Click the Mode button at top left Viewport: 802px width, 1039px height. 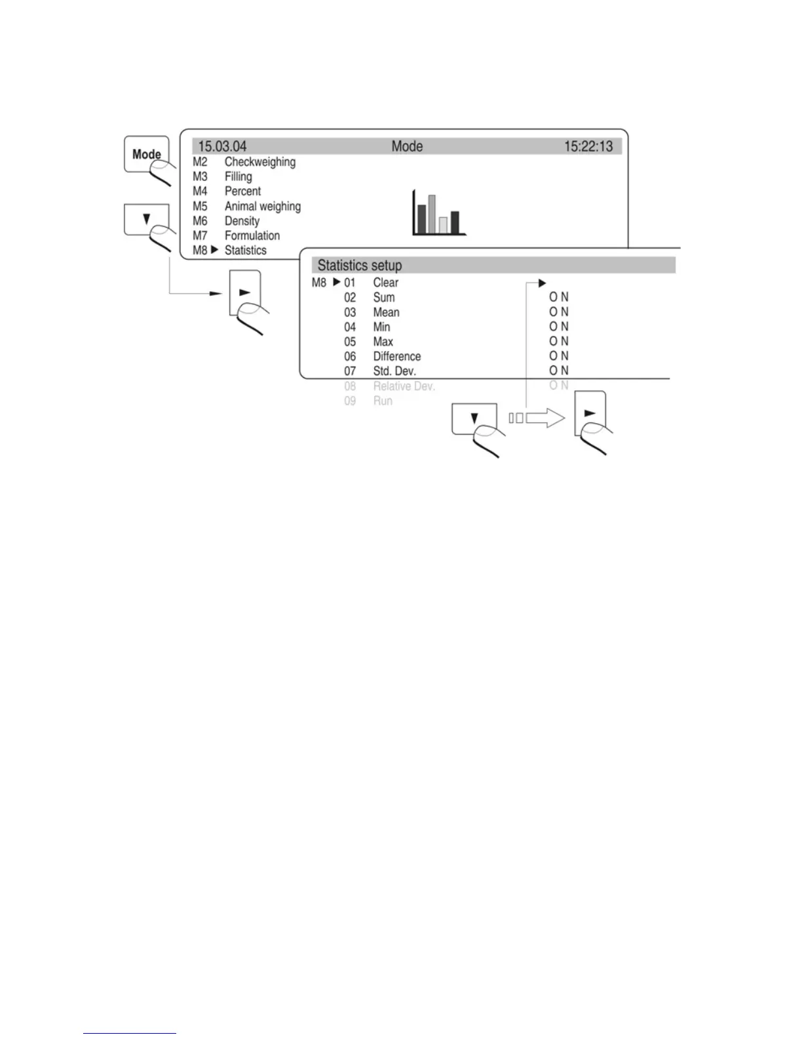pos(146,154)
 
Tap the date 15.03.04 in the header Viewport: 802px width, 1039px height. pos(222,146)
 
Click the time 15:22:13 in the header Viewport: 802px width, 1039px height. pos(588,146)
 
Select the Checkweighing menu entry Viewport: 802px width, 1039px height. pos(259,162)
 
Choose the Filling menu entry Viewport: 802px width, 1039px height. pos(238,176)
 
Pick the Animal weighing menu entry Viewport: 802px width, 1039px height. pos(262,206)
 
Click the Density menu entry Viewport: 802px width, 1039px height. pos(242,221)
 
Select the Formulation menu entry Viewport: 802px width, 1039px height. pos(252,235)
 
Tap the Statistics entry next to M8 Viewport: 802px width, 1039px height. pos(245,251)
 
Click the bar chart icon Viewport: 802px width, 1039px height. pos(438,213)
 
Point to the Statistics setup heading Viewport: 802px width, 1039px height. pos(359,266)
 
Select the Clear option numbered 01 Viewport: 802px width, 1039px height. pos(385,283)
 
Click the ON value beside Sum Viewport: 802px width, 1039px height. pos(559,297)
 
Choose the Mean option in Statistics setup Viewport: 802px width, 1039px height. pos(386,312)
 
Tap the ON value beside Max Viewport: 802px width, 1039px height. pos(559,341)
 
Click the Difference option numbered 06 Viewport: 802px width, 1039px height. pos(396,356)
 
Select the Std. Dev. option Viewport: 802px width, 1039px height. pos(394,371)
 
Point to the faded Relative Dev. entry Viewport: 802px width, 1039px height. pos(404,386)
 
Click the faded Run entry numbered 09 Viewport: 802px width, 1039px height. pos(383,401)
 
